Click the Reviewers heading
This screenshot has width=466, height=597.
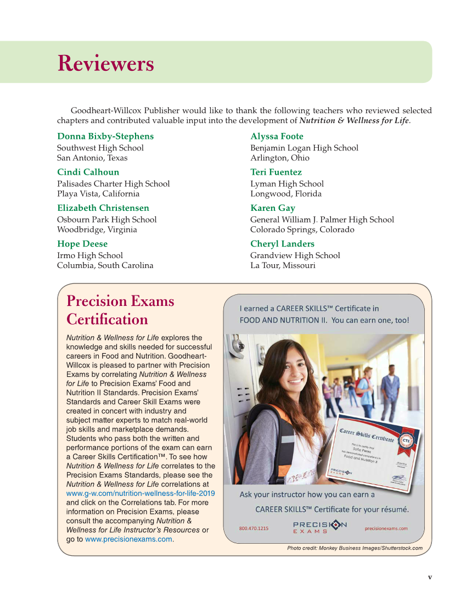(x=105, y=64)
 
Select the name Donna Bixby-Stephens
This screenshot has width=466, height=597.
(x=105, y=136)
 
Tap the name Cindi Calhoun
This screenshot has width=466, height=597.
(x=88, y=172)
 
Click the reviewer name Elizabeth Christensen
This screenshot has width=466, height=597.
(x=103, y=208)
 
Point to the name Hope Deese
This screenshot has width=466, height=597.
(x=82, y=244)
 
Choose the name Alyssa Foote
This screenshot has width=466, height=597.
(x=277, y=136)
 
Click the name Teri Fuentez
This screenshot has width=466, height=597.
(x=276, y=172)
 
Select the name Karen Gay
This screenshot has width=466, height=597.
(x=273, y=208)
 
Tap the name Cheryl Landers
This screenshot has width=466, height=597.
(x=282, y=244)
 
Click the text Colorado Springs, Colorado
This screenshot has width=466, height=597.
(x=302, y=230)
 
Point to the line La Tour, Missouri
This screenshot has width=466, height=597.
(x=283, y=265)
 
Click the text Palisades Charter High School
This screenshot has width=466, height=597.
(x=114, y=184)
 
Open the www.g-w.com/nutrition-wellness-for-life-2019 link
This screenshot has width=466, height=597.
(x=141, y=493)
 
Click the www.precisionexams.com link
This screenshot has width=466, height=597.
(x=128, y=539)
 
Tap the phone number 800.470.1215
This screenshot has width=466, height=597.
(x=254, y=528)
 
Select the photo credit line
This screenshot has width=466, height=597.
(x=355, y=548)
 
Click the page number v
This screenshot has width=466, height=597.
(x=430, y=577)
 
